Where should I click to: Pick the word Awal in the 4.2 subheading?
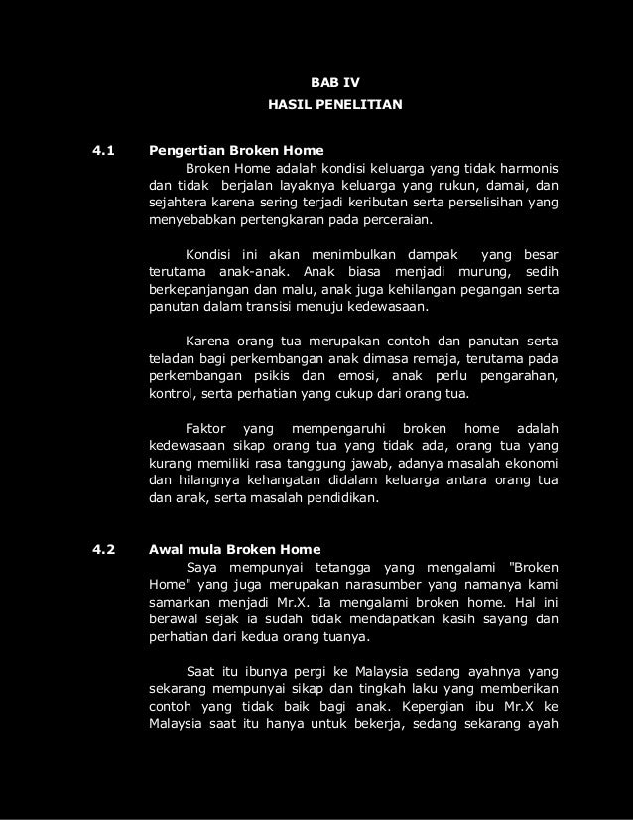coord(165,549)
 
